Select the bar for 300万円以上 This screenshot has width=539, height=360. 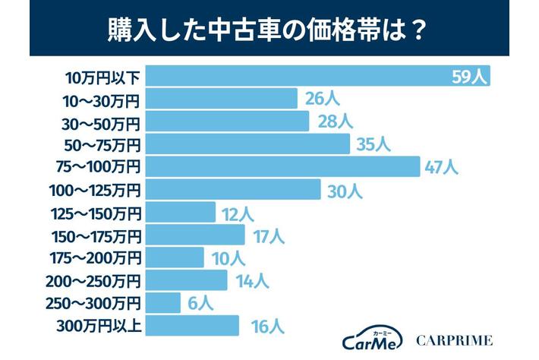coord(191,327)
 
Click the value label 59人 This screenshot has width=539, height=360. coord(468,77)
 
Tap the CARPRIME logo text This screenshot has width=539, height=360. coord(455,340)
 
